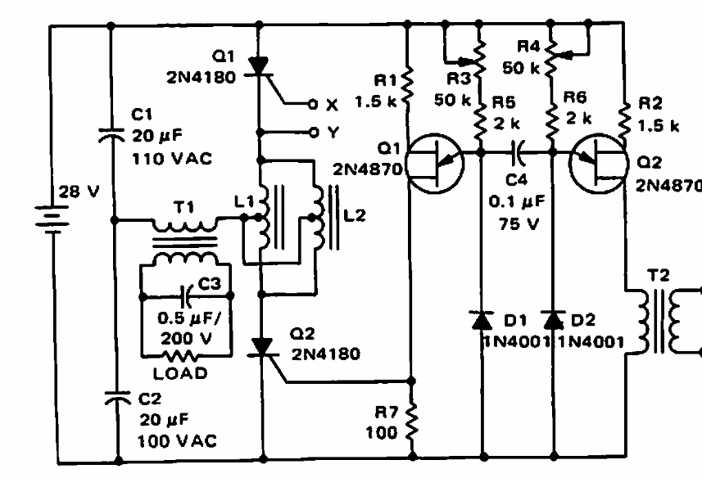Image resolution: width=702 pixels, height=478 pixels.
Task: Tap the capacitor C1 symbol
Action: [x=111, y=133]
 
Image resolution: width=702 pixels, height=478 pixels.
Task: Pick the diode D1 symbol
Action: [x=482, y=318]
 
